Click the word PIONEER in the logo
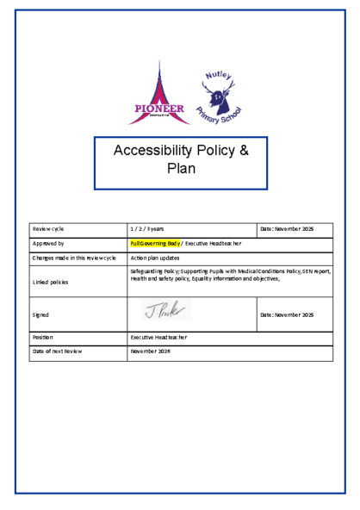click(x=156, y=109)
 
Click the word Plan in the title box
click(x=181, y=168)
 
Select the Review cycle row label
click(x=48, y=229)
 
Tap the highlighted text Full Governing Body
click(x=154, y=244)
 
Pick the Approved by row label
click(x=48, y=244)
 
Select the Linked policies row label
click(x=49, y=281)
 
